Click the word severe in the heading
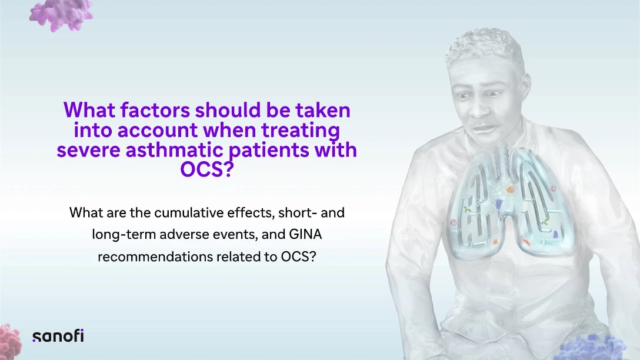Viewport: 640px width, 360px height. pos(89,151)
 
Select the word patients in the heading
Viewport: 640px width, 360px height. pos(269,150)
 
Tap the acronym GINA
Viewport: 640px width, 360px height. pos(306,234)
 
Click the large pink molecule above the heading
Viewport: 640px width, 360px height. pos(61,15)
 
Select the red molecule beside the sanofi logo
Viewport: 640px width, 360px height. pos(10,342)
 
